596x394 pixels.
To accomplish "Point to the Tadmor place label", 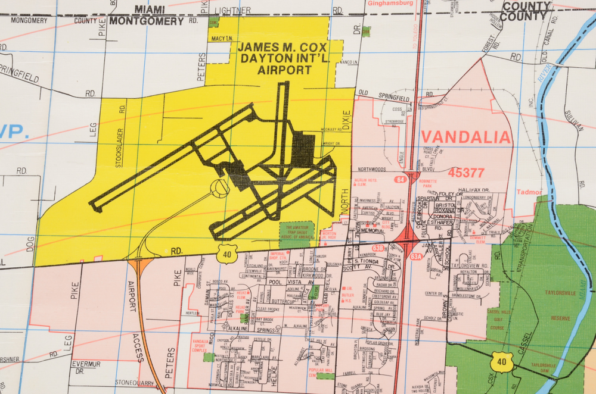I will click(529, 192).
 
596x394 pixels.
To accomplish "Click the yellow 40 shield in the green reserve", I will click(502, 361).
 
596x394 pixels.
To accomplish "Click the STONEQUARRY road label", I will click(135, 382).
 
